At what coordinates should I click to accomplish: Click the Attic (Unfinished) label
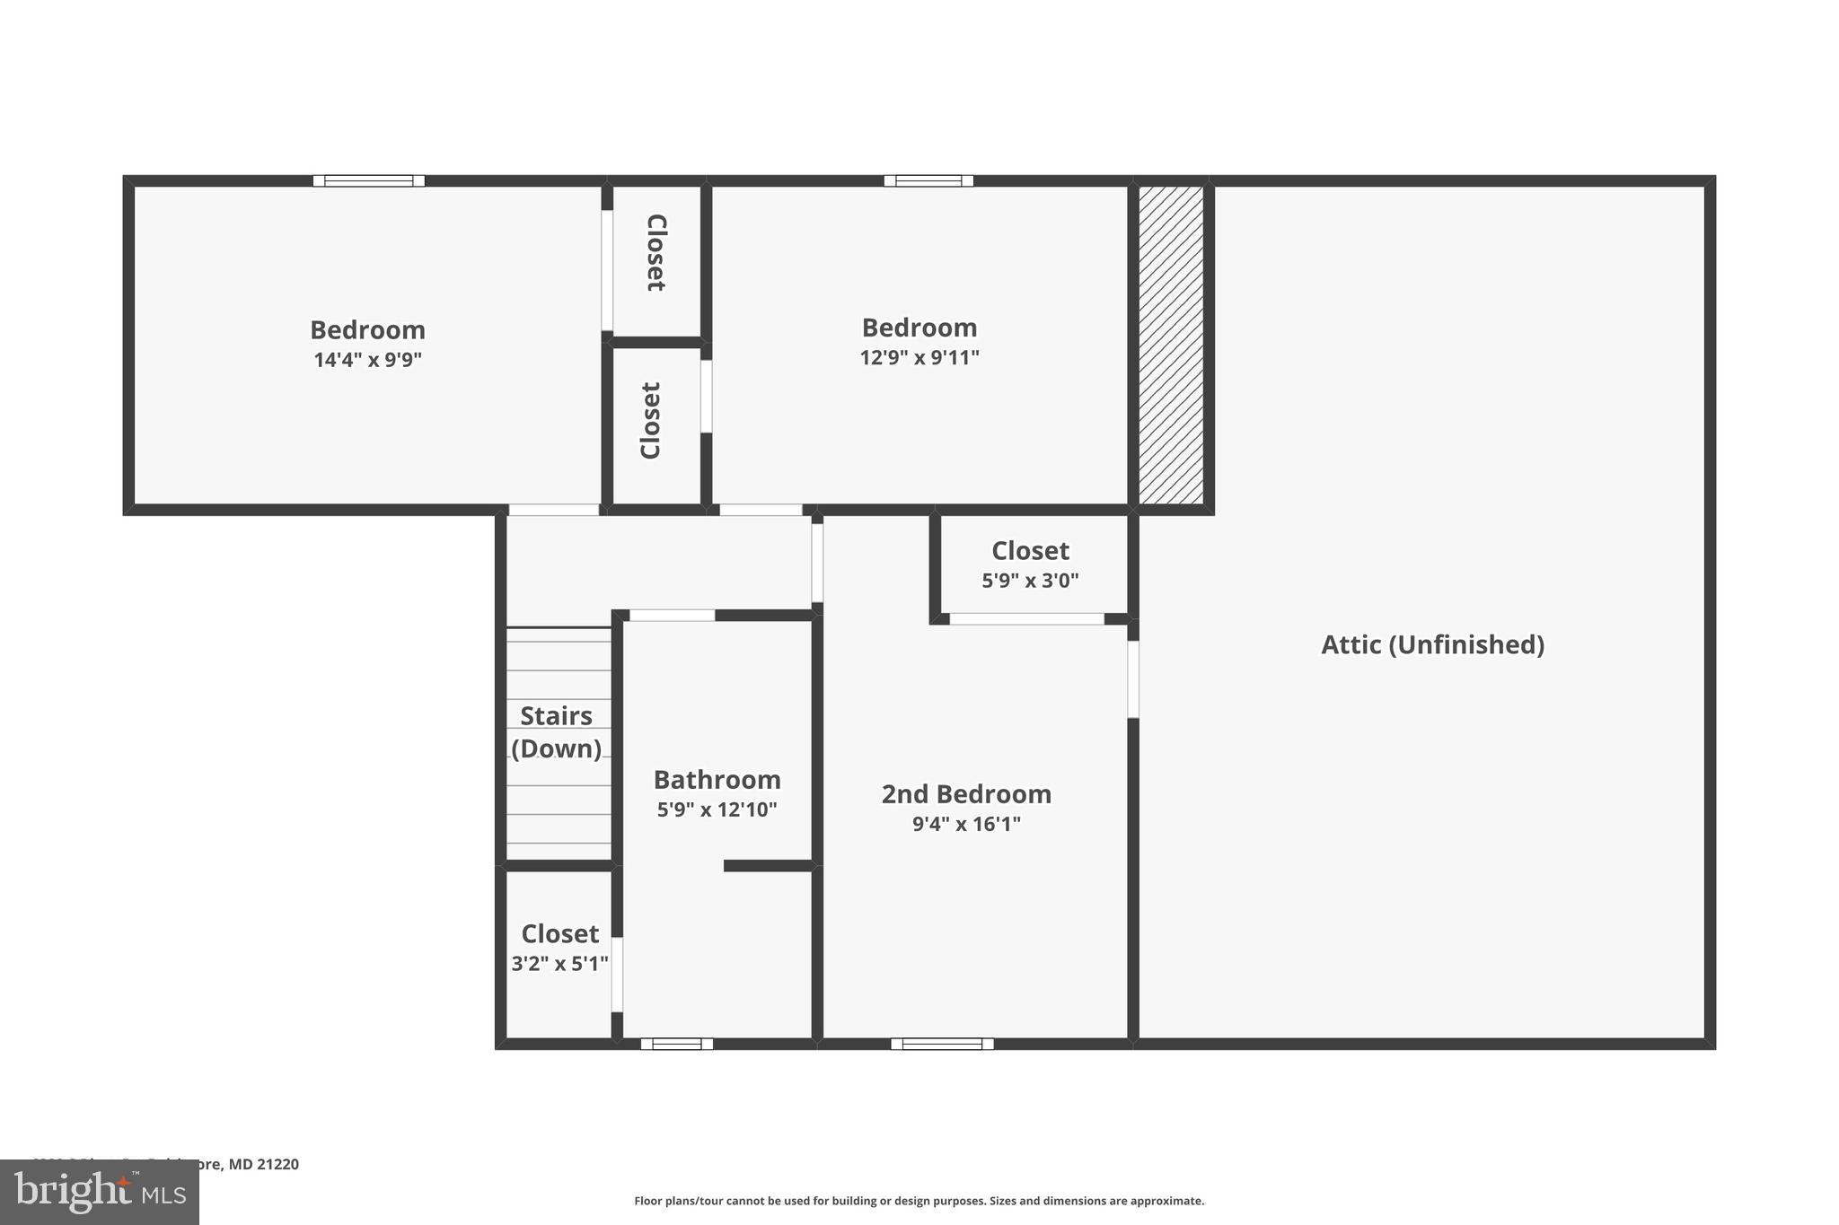[1432, 644]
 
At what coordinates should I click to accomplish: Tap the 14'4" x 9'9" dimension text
[367, 360]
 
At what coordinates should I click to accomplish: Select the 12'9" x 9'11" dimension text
[919, 357]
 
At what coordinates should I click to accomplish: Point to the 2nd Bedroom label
[966, 793]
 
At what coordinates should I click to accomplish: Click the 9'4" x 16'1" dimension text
[966, 824]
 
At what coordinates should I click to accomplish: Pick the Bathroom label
[717, 779]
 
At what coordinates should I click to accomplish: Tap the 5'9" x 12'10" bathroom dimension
[717, 809]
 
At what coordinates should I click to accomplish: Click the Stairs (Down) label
[556, 731]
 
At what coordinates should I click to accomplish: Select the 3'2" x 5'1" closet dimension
[559, 964]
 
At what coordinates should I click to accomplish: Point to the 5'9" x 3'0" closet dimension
[1030, 581]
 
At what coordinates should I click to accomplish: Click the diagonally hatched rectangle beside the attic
[1171, 346]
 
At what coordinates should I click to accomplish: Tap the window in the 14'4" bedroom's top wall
[368, 180]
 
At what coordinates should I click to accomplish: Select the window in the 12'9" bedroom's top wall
[928, 180]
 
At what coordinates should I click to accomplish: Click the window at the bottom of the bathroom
[676, 1044]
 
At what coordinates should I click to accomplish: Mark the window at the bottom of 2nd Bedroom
[942, 1044]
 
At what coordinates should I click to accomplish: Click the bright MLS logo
[99, 1192]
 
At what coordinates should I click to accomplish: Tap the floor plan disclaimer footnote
[919, 1201]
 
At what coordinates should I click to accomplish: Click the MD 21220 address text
[262, 1164]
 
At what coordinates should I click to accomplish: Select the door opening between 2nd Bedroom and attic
[1133, 678]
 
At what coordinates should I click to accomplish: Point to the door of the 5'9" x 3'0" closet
[1026, 618]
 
